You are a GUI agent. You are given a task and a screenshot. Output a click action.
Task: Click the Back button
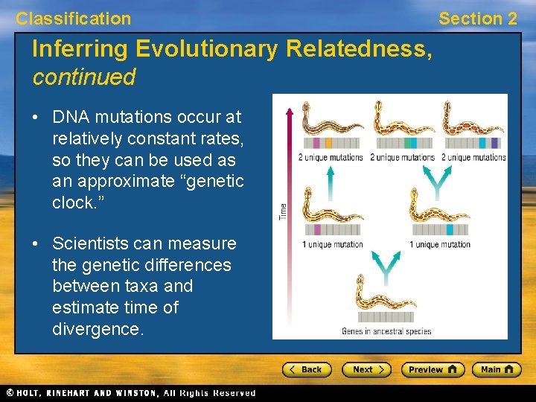(307, 369)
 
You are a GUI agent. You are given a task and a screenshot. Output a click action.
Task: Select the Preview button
(433, 369)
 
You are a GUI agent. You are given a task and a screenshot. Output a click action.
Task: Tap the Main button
(497, 369)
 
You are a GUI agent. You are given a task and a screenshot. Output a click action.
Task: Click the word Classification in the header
(74, 19)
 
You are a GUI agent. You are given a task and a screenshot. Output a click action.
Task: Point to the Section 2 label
(477, 19)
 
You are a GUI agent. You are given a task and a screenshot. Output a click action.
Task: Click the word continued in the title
(83, 77)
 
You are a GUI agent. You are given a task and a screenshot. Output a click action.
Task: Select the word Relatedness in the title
(357, 50)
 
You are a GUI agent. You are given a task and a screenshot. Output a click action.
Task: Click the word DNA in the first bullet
(71, 118)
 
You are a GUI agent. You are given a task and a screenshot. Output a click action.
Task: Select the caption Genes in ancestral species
(386, 331)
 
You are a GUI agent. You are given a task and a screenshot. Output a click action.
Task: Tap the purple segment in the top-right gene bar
(494, 143)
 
